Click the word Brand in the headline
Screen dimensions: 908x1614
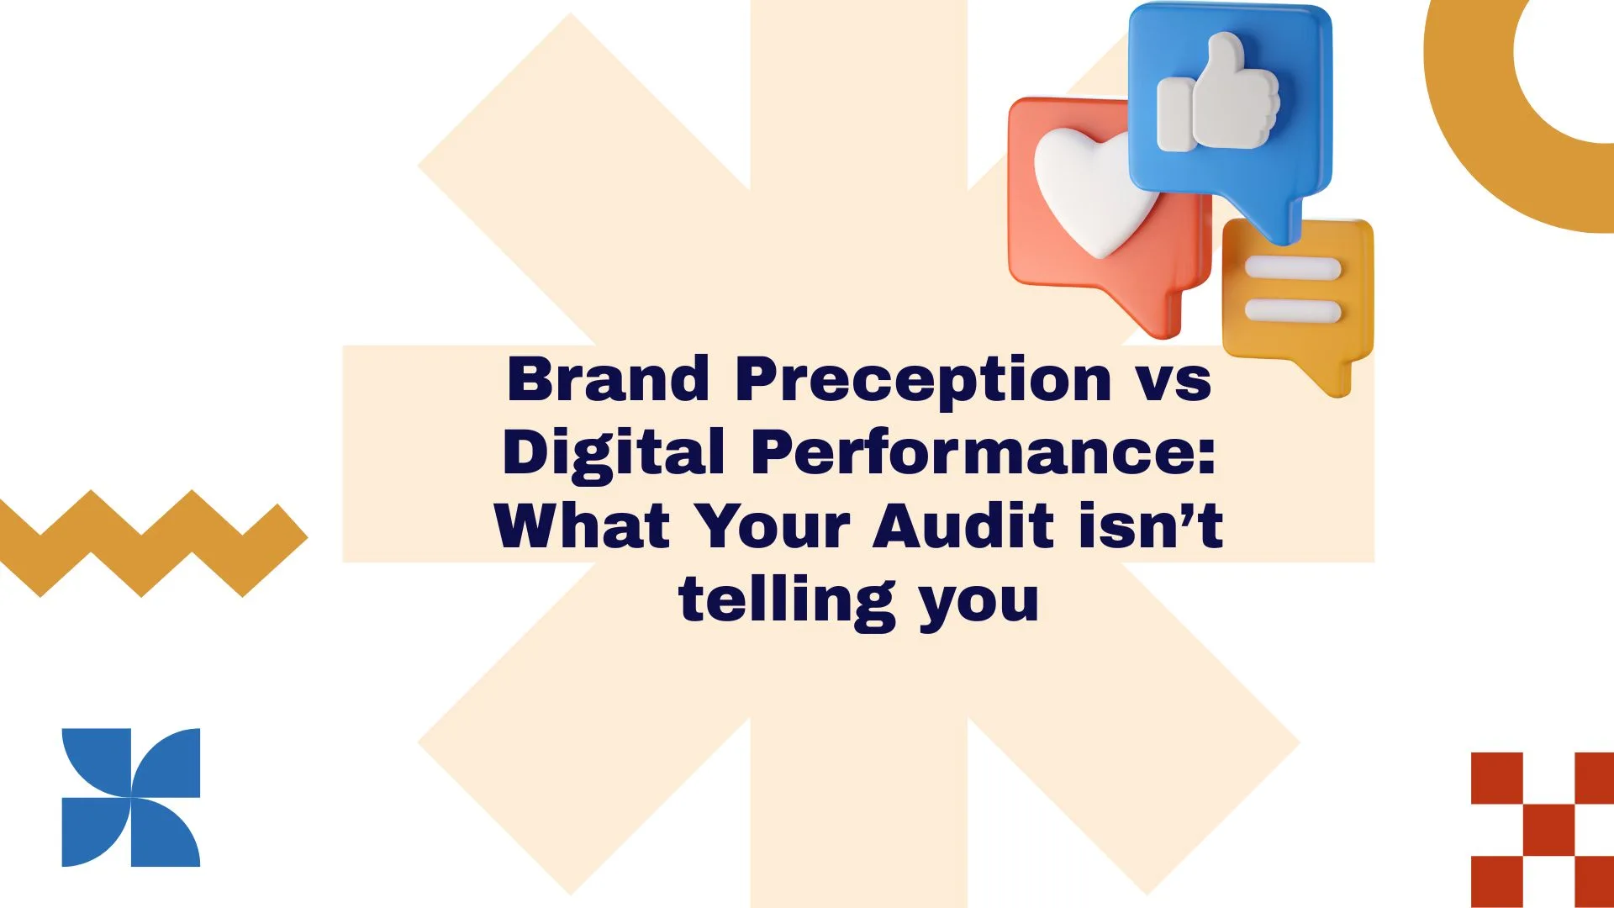click(609, 379)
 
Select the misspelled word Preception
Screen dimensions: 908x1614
click(923, 381)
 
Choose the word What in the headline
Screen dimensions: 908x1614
click(583, 526)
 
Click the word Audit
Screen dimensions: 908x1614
click(963, 526)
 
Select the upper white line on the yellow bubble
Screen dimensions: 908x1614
click(1292, 269)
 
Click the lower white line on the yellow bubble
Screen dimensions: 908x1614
click(1292, 310)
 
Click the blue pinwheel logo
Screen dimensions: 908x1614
click(131, 797)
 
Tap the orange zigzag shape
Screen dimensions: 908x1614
click(151, 542)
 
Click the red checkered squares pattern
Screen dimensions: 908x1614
click(1543, 828)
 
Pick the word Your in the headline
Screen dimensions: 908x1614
click(774, 526)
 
